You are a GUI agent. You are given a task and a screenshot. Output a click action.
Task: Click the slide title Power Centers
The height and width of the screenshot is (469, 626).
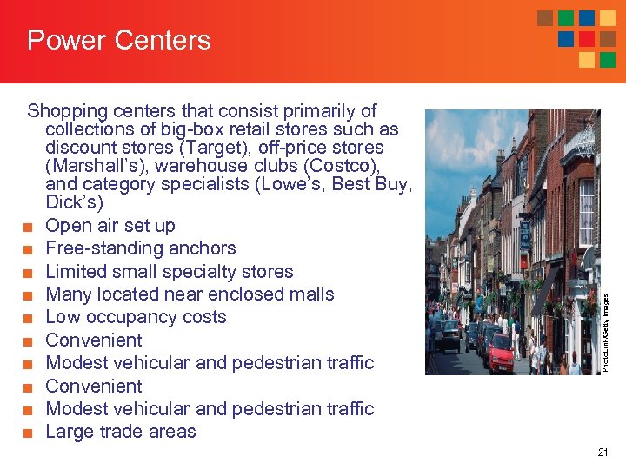pos(119,40)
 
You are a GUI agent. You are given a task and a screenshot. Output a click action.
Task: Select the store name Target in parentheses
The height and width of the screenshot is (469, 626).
pos(353,148)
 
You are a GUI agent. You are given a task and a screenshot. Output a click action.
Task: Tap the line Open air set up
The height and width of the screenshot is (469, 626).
pos(110,226)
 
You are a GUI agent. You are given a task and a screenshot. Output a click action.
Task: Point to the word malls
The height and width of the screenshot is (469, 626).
pos(306,294)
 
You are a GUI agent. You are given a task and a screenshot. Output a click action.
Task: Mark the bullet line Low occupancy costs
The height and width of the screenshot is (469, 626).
pos(136,317)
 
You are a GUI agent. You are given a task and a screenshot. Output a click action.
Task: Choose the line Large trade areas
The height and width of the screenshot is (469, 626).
pos(121,432)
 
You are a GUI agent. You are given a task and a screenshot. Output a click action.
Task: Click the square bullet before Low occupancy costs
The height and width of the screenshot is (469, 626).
pos(29,318)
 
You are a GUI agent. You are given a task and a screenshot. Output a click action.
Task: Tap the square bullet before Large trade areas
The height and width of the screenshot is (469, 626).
pos(29,433)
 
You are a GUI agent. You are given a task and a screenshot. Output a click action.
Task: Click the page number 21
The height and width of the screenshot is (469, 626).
pos(603,452)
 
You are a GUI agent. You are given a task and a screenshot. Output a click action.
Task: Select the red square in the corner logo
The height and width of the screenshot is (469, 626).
pos(587,39)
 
